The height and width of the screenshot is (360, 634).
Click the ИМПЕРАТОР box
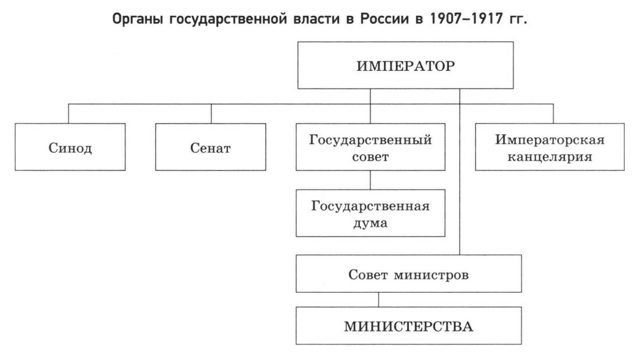(x=405, y=65)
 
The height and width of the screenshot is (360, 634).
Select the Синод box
(x=70, y=147)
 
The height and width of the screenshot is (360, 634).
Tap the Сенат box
(x=211, y=147)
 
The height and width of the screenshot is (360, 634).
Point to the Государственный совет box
(x=371, y=147)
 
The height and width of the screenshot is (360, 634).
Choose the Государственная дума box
(x=371, y=213)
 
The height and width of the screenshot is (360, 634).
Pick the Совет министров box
(x=408, y=273)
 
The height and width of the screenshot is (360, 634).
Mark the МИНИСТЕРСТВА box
(x=408, y=326)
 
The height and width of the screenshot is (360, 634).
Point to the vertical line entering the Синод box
(x=69, y=114)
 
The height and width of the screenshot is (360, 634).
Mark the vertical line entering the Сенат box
(x=211, y=114)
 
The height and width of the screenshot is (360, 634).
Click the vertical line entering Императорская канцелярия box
(x=553, y=114)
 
